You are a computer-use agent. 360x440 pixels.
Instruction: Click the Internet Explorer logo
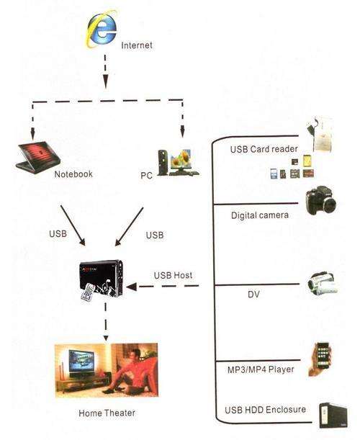click(x=101, y=29)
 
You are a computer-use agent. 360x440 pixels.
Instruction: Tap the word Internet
click(x=137, y=45)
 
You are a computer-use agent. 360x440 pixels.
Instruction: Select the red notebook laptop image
click(x=38, y=157)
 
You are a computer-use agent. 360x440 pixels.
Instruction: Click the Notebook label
click(x=73, y=174)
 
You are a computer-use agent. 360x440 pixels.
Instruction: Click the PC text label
click(x=146, y=176)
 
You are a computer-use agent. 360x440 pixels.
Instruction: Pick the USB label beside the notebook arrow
click(x=58, y=233)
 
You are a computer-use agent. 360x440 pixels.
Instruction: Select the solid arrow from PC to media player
click(x=129, y=227)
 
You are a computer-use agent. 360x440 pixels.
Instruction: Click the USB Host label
click(x=173, y=275)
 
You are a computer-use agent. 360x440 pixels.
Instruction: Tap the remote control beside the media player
click(x=88, y=292)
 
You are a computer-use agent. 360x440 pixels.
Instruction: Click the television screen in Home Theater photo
click(x=81, y=361)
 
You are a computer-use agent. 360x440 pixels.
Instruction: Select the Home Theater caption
click(x=107, y=413)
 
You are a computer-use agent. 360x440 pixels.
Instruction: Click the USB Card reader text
click(x=264, y=149)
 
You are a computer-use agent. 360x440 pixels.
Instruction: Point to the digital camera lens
click(x=330, y=205)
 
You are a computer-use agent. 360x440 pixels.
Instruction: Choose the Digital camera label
click(x=259, y=215)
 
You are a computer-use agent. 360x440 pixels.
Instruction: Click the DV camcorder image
click(x=322, y=284)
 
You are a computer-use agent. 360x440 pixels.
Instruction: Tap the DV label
click(x=253, y=294)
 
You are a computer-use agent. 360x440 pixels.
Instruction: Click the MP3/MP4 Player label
click(x=261, y=369)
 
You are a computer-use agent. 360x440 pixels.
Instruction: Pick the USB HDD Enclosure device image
click(x=333, y=416)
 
